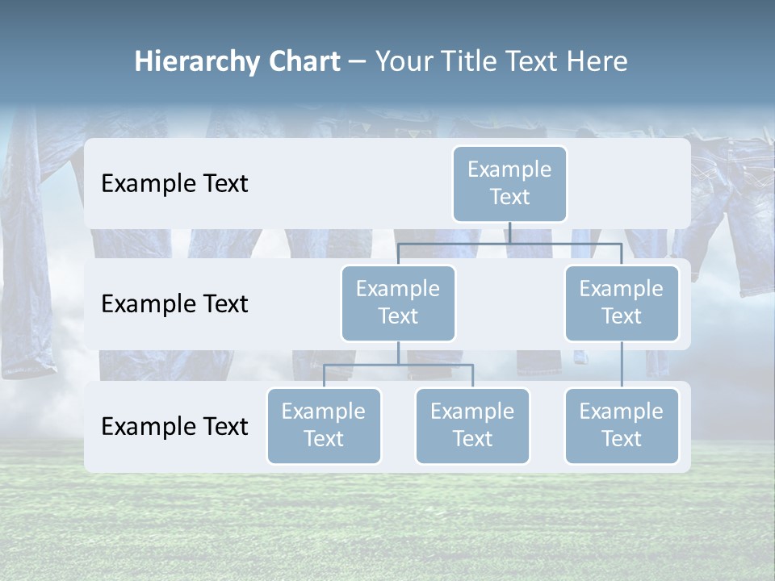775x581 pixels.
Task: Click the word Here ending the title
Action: click(597, 62)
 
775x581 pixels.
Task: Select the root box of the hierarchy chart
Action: click(509, 183)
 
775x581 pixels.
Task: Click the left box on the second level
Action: click(398, 303)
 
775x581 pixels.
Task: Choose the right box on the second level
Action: click(622, 303)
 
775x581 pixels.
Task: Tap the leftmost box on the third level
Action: click(324, 425)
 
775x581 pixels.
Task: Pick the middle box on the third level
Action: click(472, 425)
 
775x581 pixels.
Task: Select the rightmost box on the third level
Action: click(622, 425)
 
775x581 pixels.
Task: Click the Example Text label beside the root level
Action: click(174, 184)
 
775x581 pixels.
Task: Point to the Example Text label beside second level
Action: click(174, 304)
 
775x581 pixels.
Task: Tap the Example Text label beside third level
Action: click(174, 426)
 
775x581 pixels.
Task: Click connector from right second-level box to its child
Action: click(622, 365)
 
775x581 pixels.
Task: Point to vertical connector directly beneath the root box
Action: click(509, 232)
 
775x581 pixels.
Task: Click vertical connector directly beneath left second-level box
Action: click(398, 353)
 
